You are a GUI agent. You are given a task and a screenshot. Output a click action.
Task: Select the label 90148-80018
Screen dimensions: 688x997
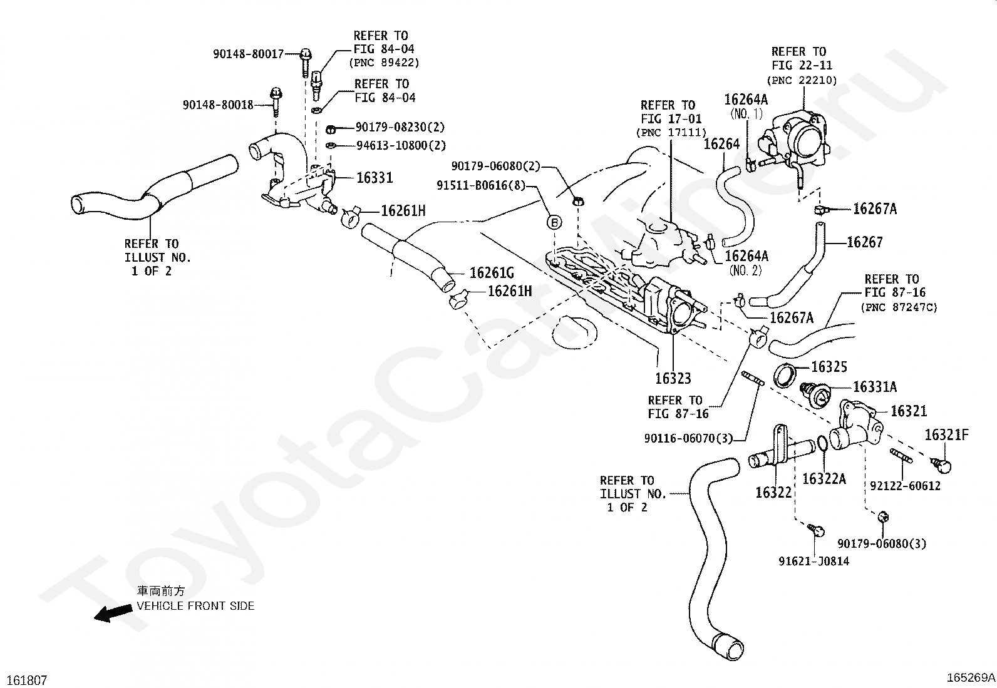[218, 105]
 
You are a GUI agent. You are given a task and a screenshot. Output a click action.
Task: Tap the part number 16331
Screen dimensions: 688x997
[375, 178]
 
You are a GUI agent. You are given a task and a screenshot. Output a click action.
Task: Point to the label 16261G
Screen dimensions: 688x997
[492, 273]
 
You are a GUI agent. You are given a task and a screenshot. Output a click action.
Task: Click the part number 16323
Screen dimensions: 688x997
[673, 379]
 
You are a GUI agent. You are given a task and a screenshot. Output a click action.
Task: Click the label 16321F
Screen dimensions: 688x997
[946, 435]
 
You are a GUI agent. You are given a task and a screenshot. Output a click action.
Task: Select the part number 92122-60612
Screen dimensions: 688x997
[905, 486]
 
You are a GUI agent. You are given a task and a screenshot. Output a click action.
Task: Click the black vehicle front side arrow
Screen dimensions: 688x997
[113, 614]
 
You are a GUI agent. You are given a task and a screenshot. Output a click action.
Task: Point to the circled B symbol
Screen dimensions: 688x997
[555, 222]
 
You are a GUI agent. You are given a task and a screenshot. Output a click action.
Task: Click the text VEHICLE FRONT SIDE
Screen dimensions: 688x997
[196, 606]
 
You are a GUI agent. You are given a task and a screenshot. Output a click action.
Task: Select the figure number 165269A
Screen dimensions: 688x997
[970, 677]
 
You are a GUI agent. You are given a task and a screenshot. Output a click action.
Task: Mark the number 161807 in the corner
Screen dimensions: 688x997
[26, 680]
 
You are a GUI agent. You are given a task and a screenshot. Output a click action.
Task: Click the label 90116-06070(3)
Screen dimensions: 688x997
[688, 438]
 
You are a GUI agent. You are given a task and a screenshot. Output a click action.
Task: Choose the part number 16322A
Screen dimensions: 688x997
[824, 480]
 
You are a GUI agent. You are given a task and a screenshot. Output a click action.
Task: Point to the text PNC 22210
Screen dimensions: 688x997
[802, 80]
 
